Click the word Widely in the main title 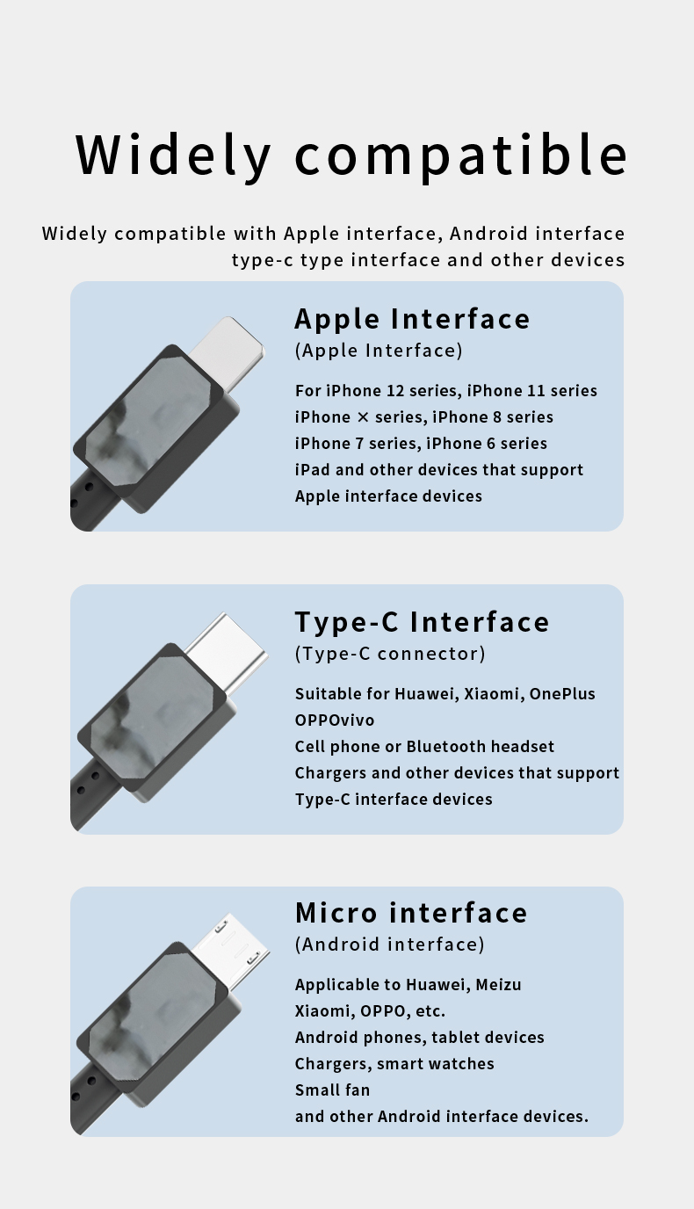[173, 155]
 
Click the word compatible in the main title [461, 155]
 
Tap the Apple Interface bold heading [412, 318]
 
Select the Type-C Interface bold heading [422, 622]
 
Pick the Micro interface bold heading [411, 913]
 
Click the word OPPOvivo [335, 720]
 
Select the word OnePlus [561, 693]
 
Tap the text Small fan [332, 1090]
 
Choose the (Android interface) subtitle [390, 944]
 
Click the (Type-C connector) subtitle [390, 653]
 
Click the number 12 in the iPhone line [395, 391]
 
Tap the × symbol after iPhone [363, 417]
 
